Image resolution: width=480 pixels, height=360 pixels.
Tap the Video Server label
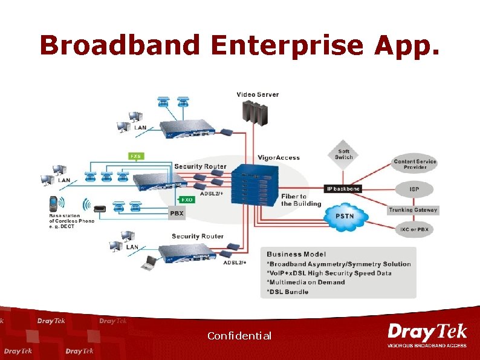[258, 94]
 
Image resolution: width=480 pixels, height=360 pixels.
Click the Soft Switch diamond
[343, 154]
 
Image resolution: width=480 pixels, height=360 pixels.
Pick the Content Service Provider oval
[415, 165]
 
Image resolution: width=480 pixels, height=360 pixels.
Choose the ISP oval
[414, 189]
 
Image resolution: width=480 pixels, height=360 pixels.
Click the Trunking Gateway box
[413, 210]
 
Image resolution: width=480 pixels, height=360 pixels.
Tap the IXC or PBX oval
[414, 230]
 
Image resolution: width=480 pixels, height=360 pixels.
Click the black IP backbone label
[343, 189]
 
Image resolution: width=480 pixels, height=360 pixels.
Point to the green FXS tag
[137, 156]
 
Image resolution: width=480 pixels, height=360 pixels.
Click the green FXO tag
[187, 198]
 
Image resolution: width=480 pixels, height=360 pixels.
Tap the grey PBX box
[177, 214]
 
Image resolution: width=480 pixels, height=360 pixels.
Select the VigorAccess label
[278, 158]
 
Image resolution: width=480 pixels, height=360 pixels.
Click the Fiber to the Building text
[301, 200]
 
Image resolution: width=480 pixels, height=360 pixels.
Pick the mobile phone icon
[53, 203]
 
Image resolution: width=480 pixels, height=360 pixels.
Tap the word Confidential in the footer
[239, 336]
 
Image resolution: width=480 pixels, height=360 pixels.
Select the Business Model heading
[296, 254]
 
